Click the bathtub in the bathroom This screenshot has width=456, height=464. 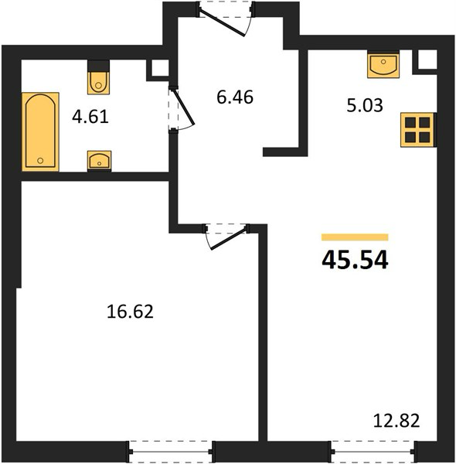40,131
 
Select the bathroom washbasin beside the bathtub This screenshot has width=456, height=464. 100,161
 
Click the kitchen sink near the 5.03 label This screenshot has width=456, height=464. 383,65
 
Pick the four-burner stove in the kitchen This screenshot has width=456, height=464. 417,130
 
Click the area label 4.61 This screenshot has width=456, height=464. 90,117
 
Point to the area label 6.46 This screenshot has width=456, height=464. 235,97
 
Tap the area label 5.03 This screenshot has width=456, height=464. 365,105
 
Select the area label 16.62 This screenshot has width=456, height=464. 130,312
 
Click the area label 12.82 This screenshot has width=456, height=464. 396,421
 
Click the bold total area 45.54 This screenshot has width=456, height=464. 355,260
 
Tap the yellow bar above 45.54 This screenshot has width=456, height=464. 355,237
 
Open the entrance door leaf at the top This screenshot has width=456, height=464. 223,23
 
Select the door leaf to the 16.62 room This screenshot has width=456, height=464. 228,239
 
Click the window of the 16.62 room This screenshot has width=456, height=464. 171,452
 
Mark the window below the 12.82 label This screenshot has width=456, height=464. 373,452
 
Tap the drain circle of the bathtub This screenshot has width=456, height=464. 40,161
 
